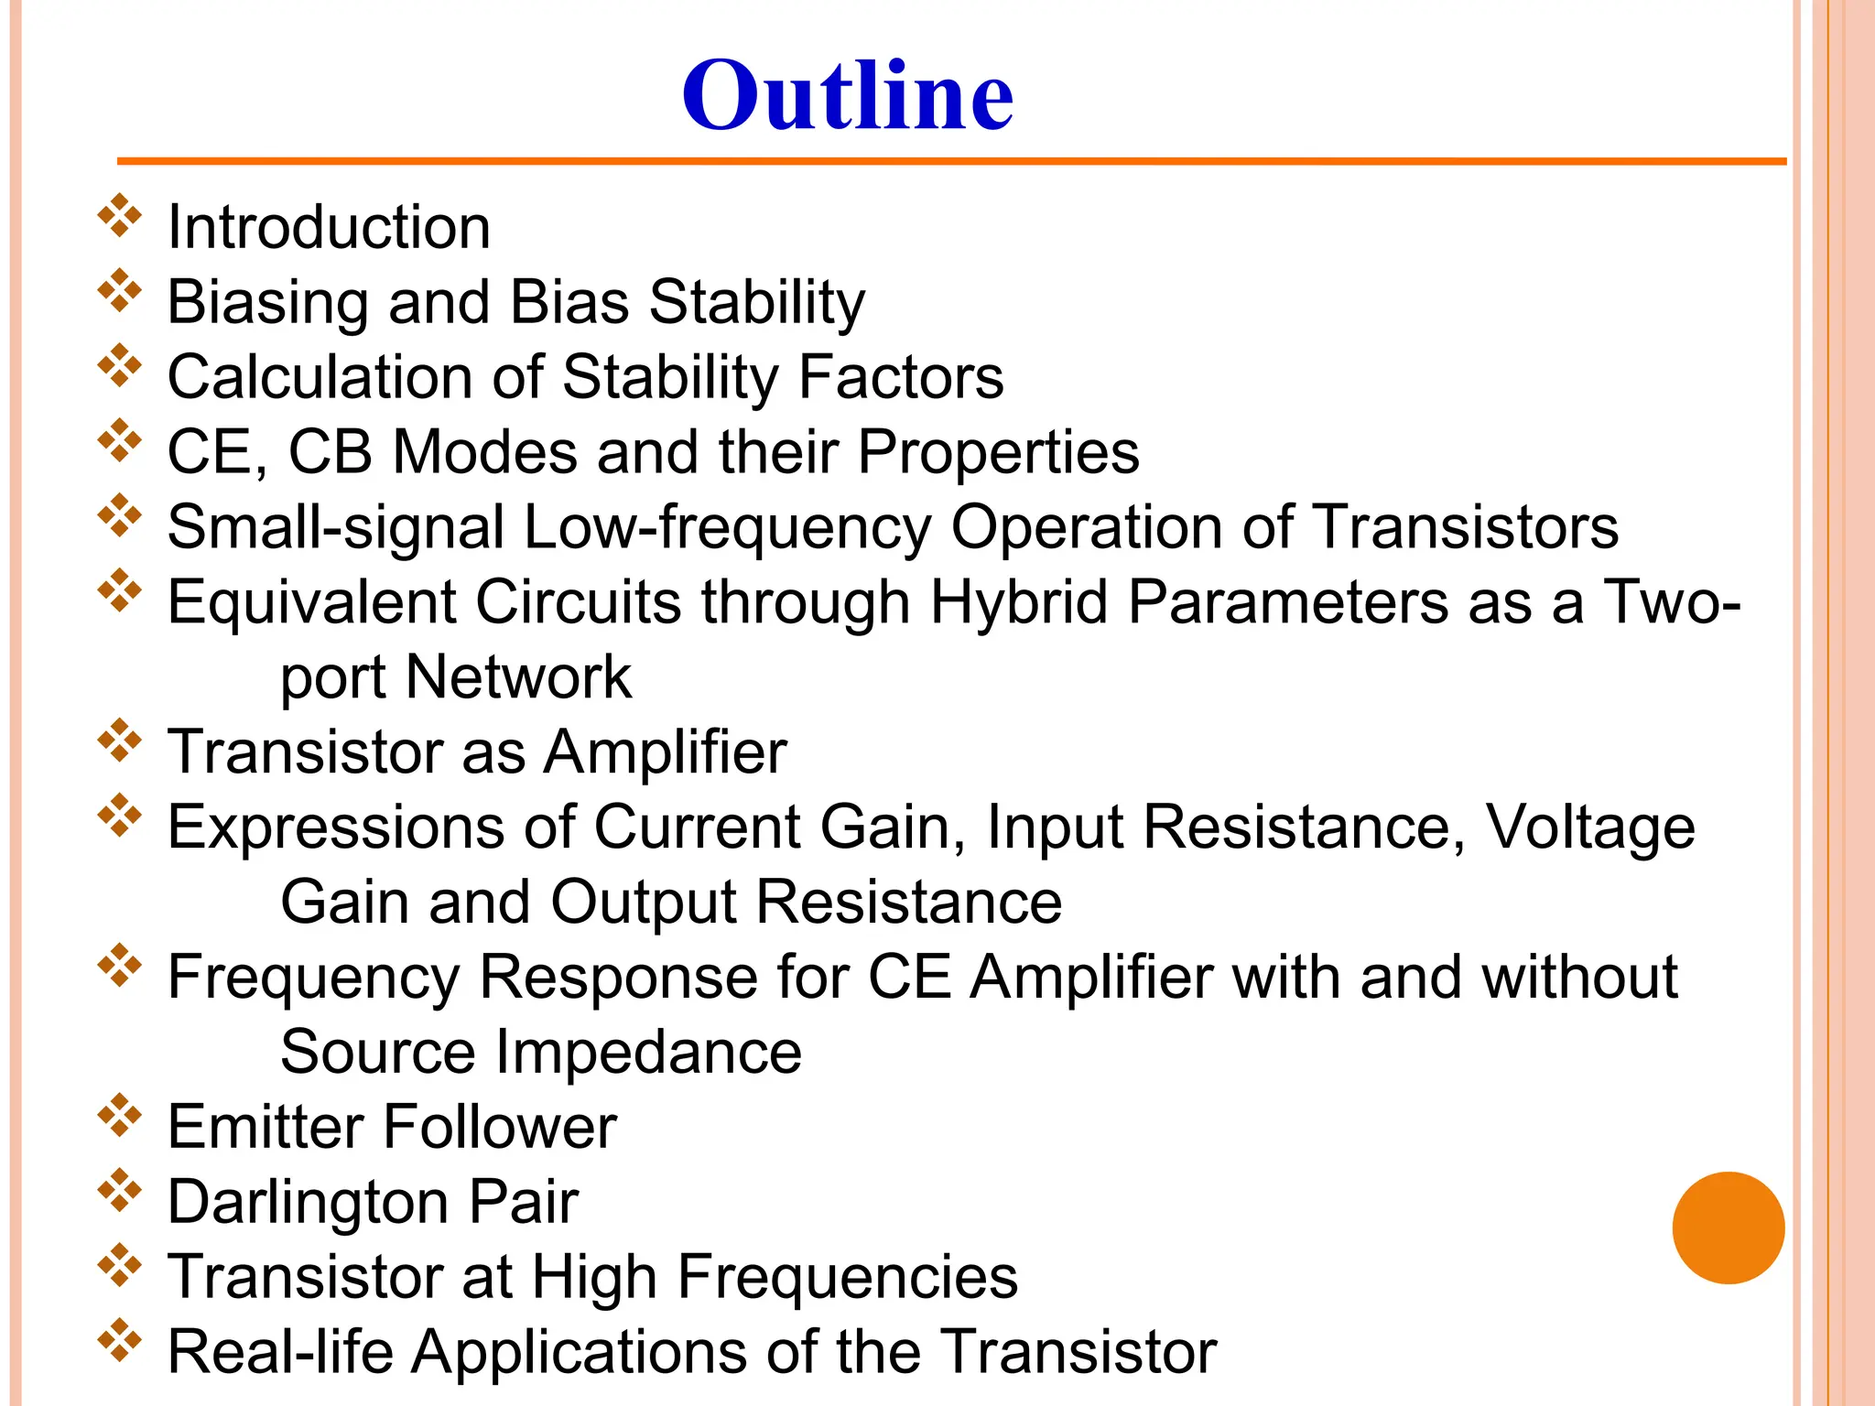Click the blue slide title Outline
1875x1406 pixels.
pos(847,95)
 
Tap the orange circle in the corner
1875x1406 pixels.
pos(1728,1228)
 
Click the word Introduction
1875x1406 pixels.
pos(329,227)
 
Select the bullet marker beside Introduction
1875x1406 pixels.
pos(120,216)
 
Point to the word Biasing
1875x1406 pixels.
pos(268,303)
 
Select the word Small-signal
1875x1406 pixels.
pos(335,528)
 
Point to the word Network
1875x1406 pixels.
pos(518,677)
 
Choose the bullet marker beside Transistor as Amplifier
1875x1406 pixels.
pos(120,741)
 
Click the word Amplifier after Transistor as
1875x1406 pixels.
pos(665,752)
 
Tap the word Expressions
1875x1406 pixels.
pos(335,827)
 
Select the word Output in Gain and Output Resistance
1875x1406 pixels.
pos(644,903)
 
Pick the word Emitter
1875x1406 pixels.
pos(266,1127)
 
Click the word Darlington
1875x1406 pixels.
pos(309,1202)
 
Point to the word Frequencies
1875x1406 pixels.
pos(774,1277)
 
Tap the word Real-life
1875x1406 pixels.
pos(280,1352)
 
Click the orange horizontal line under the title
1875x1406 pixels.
pos(951,162)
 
